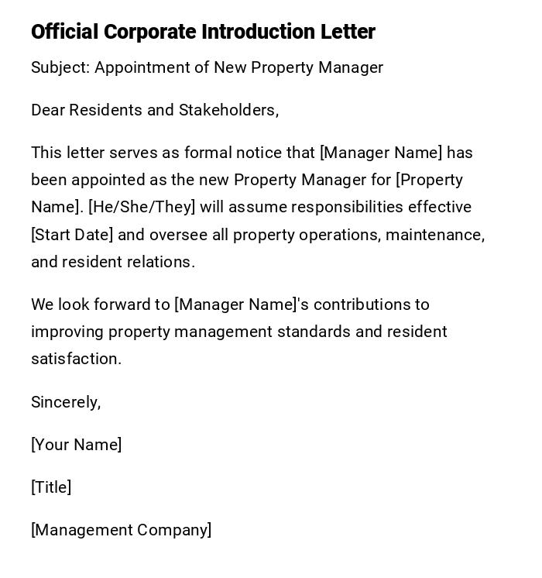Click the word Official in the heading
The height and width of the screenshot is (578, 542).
pos(64,32)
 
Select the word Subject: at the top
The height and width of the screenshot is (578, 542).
pos(60,67)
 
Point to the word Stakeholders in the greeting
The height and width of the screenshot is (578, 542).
pos(228,110)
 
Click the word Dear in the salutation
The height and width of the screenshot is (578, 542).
pos(48,110)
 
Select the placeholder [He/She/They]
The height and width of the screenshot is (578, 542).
pos(142,207)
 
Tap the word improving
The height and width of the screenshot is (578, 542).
pos(67,332)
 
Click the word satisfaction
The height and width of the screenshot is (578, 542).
pos(76,359)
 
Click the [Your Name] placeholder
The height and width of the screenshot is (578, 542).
pos(76,445)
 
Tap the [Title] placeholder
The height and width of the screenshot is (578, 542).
pos(51,487)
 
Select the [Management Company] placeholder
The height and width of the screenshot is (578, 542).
pos(121,530)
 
